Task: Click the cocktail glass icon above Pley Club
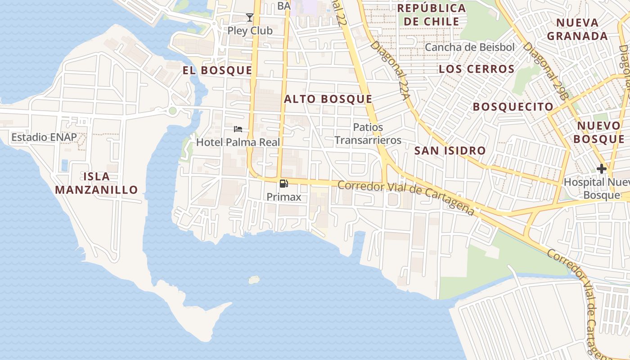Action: click(250, 18)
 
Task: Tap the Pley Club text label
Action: click(250, 31)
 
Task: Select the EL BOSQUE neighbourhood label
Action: click(217, 70)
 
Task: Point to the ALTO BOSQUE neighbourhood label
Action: click(328, 99)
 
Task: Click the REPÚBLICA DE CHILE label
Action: click(431, 14)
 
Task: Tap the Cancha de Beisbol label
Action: click(469, 47)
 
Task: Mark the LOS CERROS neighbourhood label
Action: click(477, 69)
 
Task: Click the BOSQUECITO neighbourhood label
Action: click(513, 107)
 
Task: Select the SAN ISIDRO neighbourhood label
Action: click(450, 151)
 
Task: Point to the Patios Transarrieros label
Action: click(368, 134)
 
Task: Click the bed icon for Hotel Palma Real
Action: click(238, 130)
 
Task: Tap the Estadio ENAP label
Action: click(44, 137)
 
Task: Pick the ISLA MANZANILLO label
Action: click(96, 183)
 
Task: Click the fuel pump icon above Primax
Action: click(284, 184)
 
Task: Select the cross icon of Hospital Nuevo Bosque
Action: click(601, 169)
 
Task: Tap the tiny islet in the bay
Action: click(254, 280)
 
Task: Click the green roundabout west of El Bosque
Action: click(172, 111)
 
